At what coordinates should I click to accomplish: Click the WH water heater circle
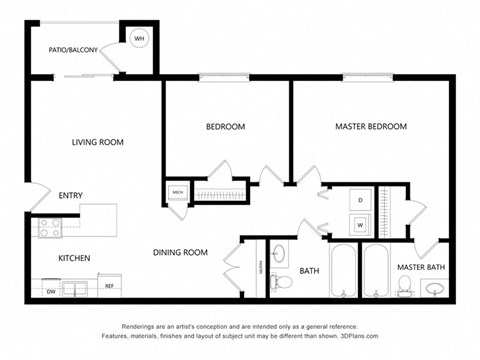click(139, 38)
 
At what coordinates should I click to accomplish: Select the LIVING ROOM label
click(97, 143)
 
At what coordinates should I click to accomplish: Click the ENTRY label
click(71, 196)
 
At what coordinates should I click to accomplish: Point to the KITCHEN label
click(74, 258)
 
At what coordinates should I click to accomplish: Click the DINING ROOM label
click(180, 253)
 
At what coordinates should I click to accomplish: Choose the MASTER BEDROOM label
click(371, 127)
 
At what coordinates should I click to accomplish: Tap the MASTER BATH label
click(420, 267)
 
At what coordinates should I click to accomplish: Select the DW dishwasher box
click(50, 291)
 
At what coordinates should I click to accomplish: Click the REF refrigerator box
click(110, 287)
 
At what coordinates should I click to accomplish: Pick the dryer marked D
click(359, 199)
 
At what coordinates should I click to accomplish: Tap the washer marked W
click(359, 224)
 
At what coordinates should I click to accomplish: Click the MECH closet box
click(177, 192)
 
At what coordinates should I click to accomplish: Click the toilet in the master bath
click(404, 289)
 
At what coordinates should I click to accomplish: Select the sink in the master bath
click(436, 291)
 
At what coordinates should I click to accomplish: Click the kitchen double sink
click(76, 291)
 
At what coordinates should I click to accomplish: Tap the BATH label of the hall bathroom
click(309, 271)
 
